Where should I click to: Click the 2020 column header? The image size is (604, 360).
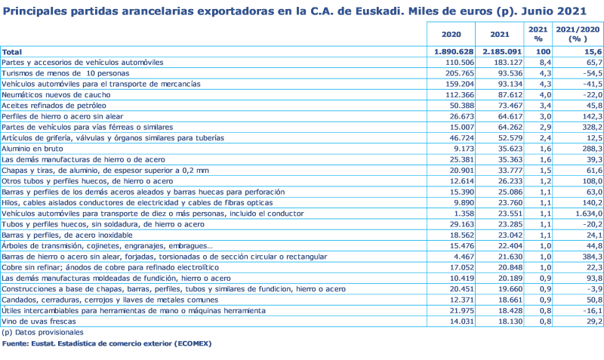coord(451,34)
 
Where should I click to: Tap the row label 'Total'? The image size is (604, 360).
coord(12,51)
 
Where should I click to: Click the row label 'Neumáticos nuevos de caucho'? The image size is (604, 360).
coord(45,95)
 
